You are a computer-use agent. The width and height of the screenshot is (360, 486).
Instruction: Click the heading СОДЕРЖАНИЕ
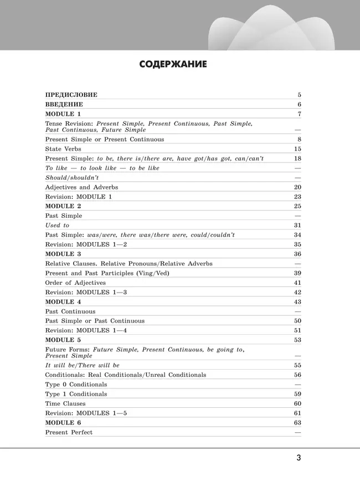[173, 64]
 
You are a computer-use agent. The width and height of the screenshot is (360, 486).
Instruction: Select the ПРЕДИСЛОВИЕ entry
[71, 95]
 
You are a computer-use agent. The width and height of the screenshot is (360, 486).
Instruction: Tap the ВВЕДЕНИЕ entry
[64, 104]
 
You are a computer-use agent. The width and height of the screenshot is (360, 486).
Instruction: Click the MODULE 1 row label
[63, 114]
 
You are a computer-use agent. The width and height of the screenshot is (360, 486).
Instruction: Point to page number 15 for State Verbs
[297, 149]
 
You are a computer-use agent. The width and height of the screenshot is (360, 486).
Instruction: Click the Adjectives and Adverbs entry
[81, 187]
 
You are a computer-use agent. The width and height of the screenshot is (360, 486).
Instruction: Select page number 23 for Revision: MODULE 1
[297, 197]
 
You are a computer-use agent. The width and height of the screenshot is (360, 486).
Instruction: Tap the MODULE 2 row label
[63, 206]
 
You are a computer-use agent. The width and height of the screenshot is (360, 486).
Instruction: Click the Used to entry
[57, 226]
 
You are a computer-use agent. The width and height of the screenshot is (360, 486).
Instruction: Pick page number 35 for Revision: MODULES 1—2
[297, 244]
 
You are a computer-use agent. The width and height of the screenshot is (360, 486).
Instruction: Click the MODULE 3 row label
[63, 254]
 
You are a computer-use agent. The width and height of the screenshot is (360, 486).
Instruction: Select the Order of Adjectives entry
[75, 283]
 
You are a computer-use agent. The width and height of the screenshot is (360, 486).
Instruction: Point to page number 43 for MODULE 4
[297, 301]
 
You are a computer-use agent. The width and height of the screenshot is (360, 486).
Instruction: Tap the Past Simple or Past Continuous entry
[95, 321]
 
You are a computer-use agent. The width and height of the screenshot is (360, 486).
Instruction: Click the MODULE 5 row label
[63, 340]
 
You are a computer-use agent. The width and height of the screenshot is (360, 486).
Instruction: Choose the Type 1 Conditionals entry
[76, 394]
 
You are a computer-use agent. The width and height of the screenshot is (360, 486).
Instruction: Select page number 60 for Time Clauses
[297, 403]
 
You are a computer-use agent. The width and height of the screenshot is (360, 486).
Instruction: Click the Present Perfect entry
[69, 432]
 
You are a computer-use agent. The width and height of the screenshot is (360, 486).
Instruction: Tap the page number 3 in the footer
[299, 458]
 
